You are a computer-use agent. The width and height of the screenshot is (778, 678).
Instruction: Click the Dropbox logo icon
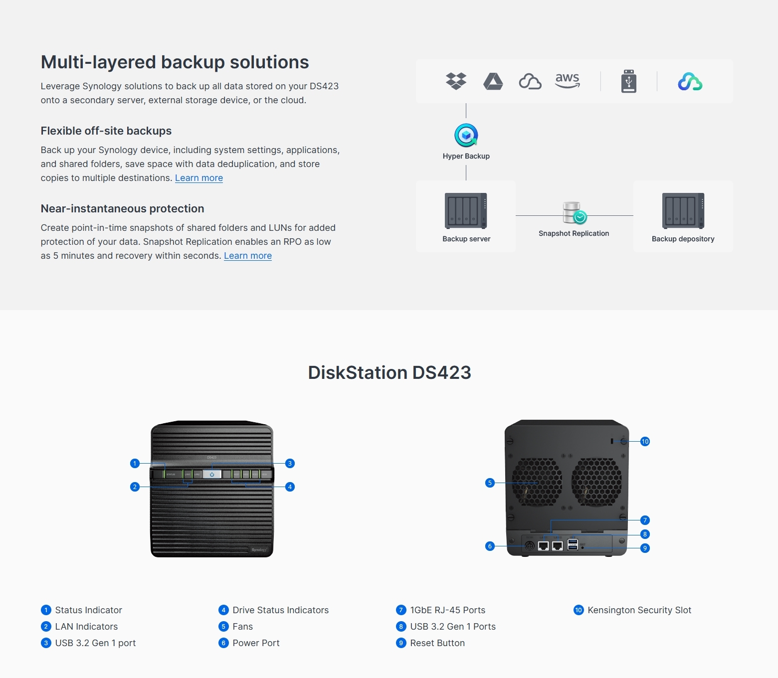456,81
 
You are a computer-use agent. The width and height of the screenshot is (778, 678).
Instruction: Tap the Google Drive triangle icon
493,81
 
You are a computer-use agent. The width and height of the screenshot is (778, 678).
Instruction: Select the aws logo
568,80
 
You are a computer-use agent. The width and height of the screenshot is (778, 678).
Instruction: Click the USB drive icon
628,81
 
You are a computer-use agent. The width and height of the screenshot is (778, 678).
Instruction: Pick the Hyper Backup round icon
466,135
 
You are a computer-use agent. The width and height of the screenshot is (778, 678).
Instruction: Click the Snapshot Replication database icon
574,213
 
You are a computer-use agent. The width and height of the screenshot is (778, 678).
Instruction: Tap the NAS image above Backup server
466,210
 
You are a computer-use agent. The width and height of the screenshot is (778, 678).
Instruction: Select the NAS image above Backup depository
683,210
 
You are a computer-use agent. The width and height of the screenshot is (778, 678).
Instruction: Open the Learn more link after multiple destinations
199,178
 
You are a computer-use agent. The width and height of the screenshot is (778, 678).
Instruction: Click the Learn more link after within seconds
248,256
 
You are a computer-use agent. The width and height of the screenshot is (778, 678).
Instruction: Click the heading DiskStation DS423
389,372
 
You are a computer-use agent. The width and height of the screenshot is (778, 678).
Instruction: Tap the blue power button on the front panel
212,474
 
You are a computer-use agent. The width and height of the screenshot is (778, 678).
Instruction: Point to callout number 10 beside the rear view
645,441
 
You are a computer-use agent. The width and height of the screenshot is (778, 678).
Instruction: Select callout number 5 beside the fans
490,483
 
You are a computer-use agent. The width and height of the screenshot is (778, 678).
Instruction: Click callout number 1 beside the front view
135,463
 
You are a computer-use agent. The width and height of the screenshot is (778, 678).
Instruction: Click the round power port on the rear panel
530,546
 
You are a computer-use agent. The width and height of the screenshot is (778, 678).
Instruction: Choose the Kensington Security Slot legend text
639,610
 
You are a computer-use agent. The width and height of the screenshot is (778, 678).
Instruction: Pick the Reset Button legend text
437,643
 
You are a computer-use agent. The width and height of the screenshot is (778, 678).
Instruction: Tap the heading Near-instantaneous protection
122,208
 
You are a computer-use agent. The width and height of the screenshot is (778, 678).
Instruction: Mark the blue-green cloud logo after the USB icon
690,82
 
